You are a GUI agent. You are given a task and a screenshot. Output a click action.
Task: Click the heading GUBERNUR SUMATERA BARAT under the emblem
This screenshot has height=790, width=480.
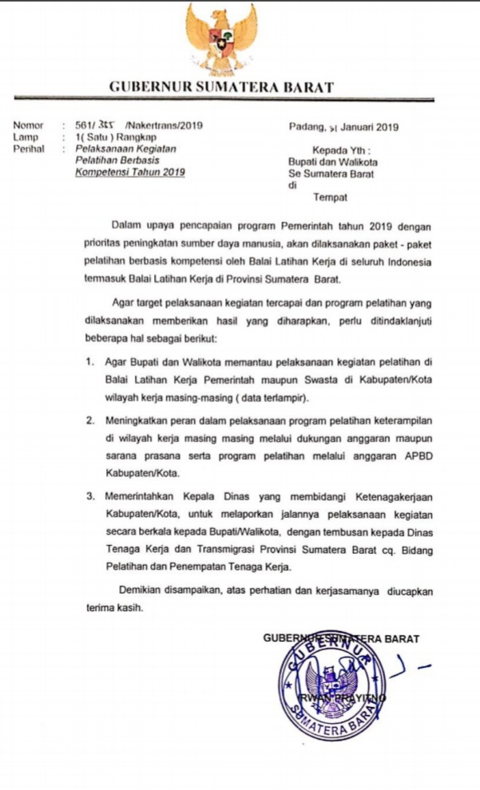221,87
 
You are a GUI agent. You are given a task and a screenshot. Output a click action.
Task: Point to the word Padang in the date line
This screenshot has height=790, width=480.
306,126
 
